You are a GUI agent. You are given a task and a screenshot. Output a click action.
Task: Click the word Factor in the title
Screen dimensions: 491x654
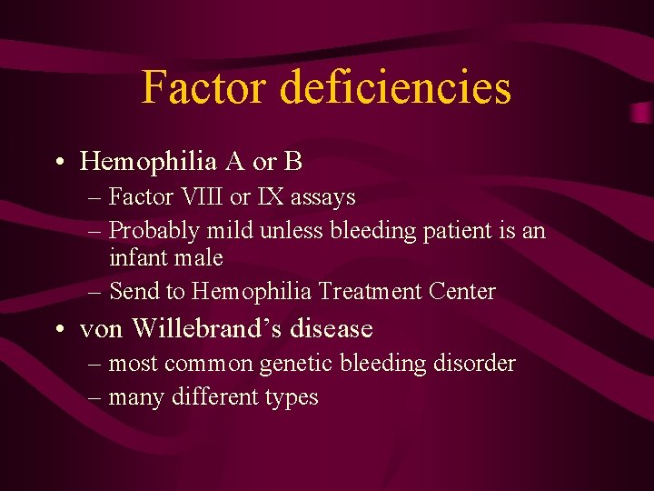click(204, 88)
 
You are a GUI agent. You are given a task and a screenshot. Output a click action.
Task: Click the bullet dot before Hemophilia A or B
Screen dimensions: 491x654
click(58, 163)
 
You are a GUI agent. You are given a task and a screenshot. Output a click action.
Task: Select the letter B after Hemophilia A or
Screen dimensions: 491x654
click(292, 162)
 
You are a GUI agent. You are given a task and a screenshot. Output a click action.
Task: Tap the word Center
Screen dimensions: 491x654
click(465, 292)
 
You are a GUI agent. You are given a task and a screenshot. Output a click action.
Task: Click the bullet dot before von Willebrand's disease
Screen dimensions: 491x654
click(58, 328)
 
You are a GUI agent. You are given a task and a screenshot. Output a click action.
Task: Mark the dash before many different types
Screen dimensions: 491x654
click(95, 397)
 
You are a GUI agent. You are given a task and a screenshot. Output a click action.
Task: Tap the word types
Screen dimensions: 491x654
click(291, 398)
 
